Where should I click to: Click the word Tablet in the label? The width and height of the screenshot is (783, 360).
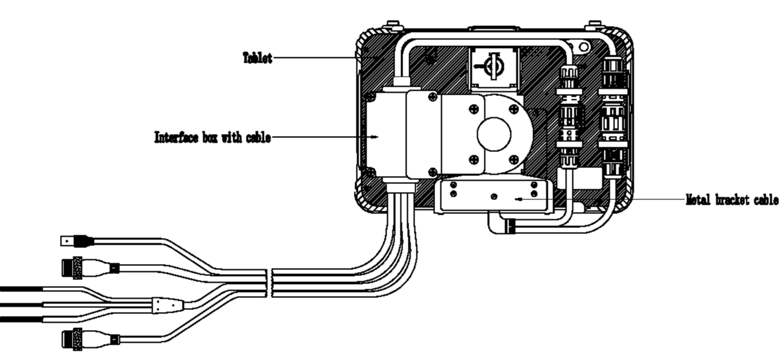(257, 58)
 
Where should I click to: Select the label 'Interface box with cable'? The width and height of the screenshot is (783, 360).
(213, 138)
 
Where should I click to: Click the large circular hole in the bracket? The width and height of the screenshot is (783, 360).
(494, 134)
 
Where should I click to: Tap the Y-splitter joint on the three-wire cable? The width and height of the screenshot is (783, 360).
(167, 305)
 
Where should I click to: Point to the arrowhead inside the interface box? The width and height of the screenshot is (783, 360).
(377, 137)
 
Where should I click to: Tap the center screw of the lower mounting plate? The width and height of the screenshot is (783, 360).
(494, 197)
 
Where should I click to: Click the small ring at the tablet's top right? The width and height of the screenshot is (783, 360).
(584, 47)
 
